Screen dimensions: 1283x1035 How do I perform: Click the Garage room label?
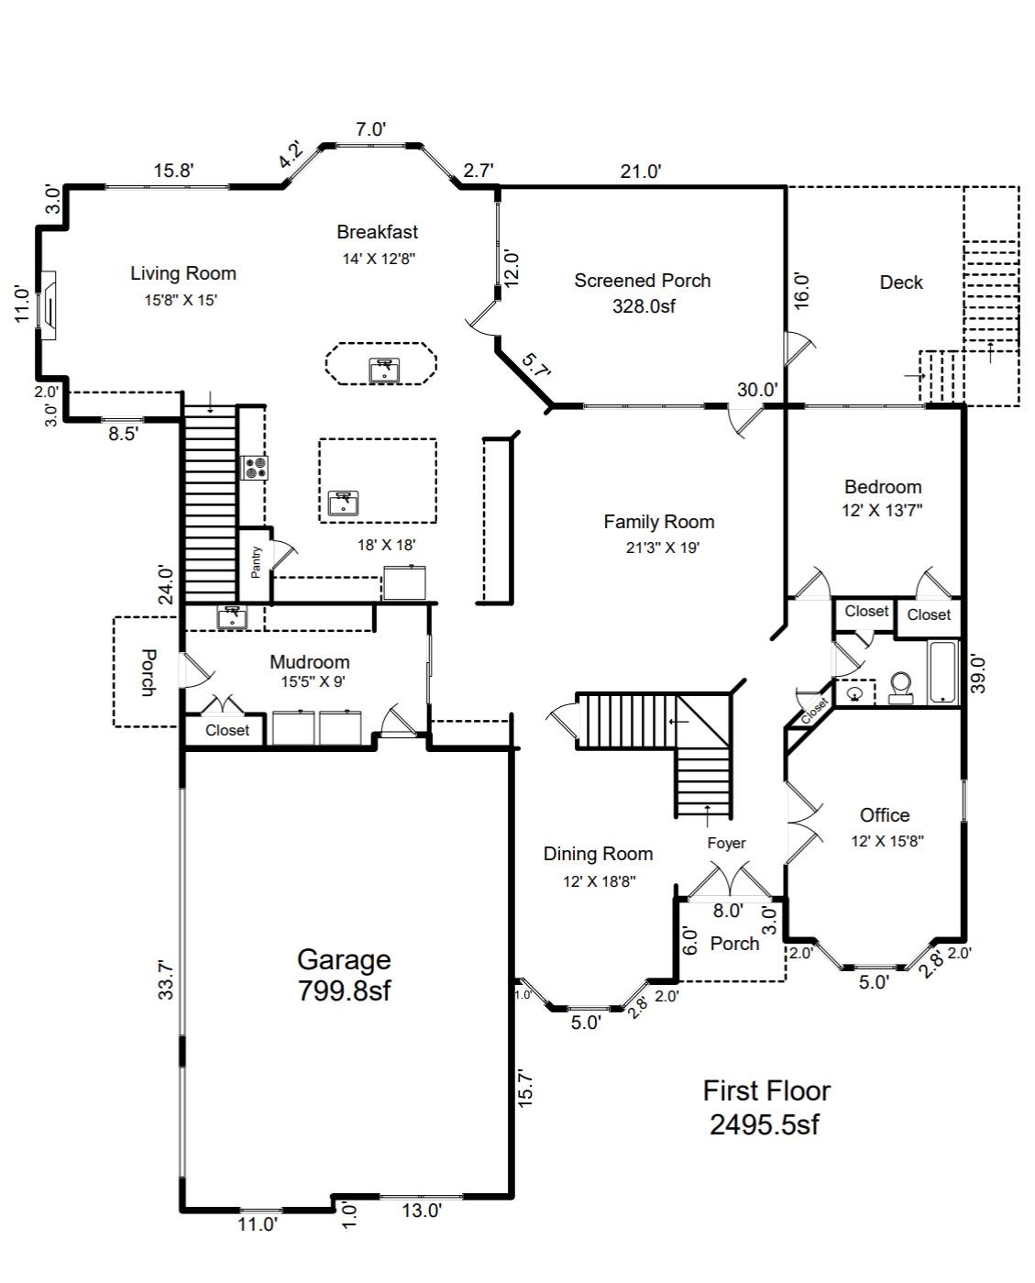click(344, 960)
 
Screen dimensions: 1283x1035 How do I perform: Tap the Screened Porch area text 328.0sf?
click(644, 306)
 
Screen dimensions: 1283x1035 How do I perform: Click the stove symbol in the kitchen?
click(254, 468)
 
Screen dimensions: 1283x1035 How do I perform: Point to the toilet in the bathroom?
click(900, 687)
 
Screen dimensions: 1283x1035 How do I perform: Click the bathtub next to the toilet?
click(943, 673)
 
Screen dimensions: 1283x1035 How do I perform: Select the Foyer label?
click(726, 843)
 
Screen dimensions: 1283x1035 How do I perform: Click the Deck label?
click(901, 282)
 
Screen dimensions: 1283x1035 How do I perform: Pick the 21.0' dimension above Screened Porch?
click(641, 171)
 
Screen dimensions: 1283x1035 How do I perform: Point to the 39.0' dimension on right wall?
click(977, 673)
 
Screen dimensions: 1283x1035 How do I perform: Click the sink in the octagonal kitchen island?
click(382, 370)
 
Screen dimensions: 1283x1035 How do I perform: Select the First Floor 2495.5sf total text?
click(765, 1107)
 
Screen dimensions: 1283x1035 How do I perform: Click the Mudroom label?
click(309, 662)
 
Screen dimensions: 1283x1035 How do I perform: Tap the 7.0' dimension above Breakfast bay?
click(370, 129)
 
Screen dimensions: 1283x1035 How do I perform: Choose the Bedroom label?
click(883, 487)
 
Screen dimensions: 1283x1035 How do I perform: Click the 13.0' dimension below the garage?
click(422, 1211)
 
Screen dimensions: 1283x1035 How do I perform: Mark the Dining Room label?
click(598, 854)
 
